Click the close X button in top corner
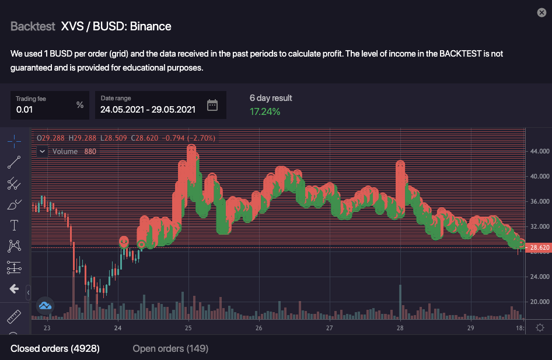(541, 13)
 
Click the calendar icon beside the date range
(212, 106)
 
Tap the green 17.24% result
(264, 111)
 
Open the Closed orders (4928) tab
(55, 348)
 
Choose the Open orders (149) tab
(170, 348)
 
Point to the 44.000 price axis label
(539, 151)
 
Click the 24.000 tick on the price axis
(539, 277)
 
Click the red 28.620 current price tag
(539, 247)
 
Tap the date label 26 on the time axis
(258, 328)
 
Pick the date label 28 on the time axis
(400, 328)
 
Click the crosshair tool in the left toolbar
(14, 141)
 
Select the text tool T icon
(14, 225)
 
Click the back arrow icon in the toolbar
(14, 289)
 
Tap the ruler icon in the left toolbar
(14, 317)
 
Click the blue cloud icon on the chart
(45, 305)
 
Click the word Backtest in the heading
(33, 26)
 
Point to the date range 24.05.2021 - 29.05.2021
(148, 109)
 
